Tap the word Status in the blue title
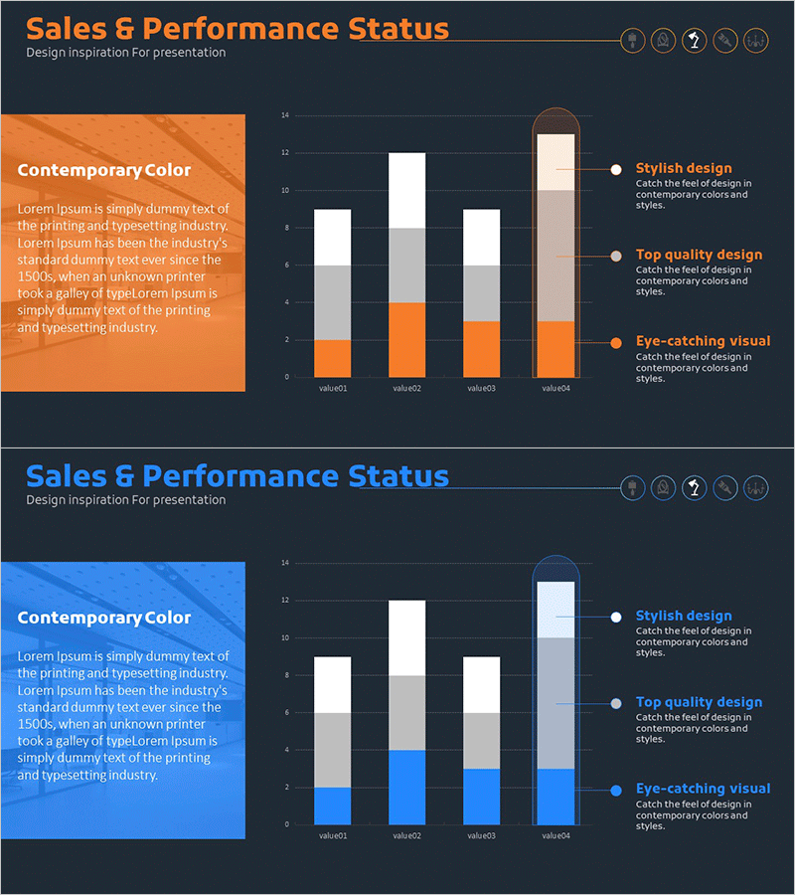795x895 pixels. [398, 476]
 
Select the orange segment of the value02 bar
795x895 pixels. [406, 339]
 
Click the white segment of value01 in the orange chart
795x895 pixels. [332, 237]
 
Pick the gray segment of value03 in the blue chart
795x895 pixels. [481, 740]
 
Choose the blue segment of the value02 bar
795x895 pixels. [406, 787]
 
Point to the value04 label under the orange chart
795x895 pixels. [556, 388]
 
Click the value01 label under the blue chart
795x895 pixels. [332, 835]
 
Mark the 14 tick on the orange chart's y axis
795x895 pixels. [284, 115]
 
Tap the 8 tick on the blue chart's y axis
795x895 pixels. [285, 675]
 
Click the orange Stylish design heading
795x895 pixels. [684, 168]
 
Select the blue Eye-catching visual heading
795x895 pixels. [703, 789]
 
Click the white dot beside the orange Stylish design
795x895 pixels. [616, 169]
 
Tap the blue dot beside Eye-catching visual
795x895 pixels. [616, 790]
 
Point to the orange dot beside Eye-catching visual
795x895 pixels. [616, 342]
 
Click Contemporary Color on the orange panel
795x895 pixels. [104, 170]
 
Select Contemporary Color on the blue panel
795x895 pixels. [104, 618]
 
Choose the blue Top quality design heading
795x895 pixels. [699, 702]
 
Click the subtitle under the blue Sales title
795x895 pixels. [126, 500]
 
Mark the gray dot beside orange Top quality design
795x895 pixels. [616, 256]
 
